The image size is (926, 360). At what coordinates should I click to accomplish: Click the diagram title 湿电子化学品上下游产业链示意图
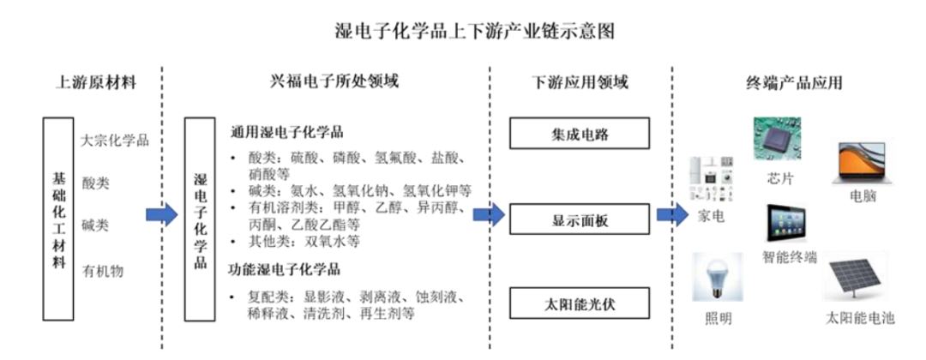coord(462,32)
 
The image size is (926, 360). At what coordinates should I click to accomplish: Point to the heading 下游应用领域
coord(580,83)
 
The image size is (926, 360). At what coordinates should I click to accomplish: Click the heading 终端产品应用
coord(794,83)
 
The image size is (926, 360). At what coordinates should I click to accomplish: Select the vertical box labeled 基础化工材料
coord(57,219)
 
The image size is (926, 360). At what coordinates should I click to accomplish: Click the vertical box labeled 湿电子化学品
coord(200,219)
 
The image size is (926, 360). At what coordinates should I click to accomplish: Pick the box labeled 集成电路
coord(580,134)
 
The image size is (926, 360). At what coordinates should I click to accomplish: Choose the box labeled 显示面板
coord(580,219)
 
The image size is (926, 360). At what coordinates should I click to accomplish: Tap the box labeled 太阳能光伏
coord(580,303)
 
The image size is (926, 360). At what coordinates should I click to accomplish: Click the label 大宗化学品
coord(114,140)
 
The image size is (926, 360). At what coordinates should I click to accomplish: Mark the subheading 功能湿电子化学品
coord(285,270)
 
